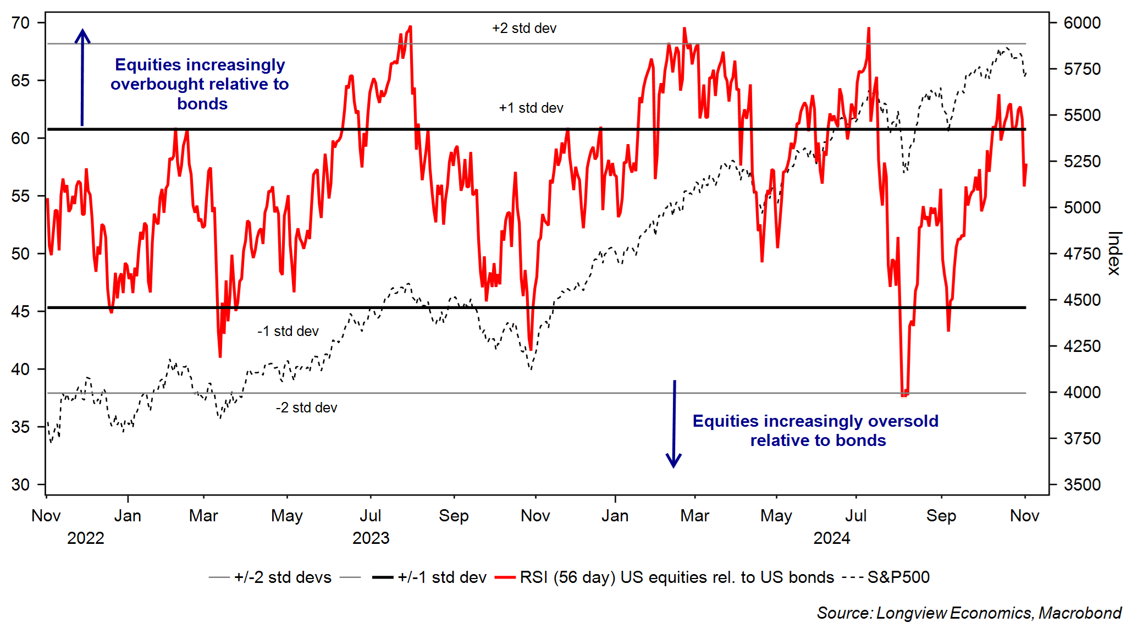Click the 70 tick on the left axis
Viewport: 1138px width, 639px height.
click(20, 23)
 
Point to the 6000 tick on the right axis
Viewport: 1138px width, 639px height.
click(1081, 23)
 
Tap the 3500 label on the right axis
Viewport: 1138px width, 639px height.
click(1081, 485)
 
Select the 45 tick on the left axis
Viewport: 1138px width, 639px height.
click(20, 311)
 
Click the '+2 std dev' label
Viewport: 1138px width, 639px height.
click(524, 28)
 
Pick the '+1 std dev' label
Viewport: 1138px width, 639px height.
click(531, 108)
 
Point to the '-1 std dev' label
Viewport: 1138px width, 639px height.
click(288, 331)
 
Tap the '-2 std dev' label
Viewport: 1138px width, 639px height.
click(306, 407)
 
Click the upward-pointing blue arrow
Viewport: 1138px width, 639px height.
click(82, 77)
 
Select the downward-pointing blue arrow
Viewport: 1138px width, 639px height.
click(674, 423)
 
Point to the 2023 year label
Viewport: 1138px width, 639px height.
click(371, 538)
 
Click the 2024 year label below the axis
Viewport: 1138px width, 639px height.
click(831, 538)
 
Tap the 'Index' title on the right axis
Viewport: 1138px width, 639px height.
click(1114, 253)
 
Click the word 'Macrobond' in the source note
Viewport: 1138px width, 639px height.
click(1080, 613)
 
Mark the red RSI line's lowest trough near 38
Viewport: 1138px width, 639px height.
click(904, 394)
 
